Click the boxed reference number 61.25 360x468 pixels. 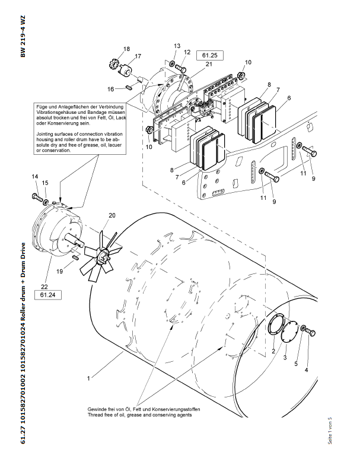pos(211,55)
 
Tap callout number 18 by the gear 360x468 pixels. pos(126,49)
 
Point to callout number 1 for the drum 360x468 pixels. pos(88,377)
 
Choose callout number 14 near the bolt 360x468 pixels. pos(34,176)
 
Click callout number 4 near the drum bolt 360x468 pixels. pos(307,370)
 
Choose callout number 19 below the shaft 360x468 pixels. pos(60,270)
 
